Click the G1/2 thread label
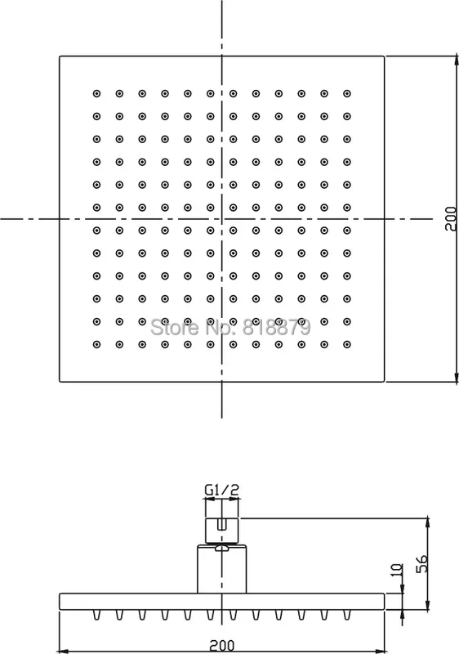(222, 489)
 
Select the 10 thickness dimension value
(397, 569)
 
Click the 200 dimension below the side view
(221, 646)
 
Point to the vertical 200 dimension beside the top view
(451, 218)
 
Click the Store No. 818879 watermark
(230, 327)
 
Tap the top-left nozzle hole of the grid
(96, 93)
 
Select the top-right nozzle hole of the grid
(347, 93)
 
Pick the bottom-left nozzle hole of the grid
(96, 344)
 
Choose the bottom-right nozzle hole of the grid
(347, 344)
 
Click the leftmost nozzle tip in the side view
(96, 615)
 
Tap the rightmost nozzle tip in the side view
(347, 615)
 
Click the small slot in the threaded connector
(222, 524)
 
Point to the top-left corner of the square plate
(60, 56)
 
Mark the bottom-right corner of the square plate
(384, 381)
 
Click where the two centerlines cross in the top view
(221, 218)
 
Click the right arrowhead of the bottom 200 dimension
(381, 651)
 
